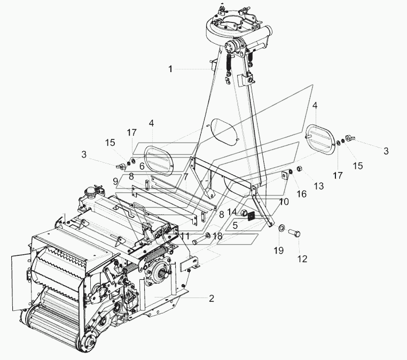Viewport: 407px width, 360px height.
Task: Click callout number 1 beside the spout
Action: click(x=170, y=69)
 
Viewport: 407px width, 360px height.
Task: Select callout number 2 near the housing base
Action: click(x=212, y=299)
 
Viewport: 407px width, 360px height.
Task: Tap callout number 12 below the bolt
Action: click(x=302, y=259)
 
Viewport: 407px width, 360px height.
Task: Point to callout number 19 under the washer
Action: click(x=278, y=251)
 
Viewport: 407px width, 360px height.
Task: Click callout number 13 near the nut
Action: click(x=319, y=186)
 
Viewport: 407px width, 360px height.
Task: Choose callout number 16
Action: click(x=302, y=194)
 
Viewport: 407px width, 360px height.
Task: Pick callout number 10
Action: click(x=284, y=202)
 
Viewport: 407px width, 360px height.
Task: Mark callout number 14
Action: click(x=232, y=212)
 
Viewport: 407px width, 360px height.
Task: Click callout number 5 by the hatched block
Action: click(x=235, y=225)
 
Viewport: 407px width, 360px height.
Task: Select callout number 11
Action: click(x=185, y=236)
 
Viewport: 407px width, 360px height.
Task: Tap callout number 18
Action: click(x=217, y=236)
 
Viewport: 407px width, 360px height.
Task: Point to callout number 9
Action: click(x=115, y=181)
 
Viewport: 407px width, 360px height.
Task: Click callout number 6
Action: click(x=142, y=166)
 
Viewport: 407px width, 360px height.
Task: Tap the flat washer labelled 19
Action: click(x=281, y=229)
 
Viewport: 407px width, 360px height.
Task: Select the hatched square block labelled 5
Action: click(x=251, y=216)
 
